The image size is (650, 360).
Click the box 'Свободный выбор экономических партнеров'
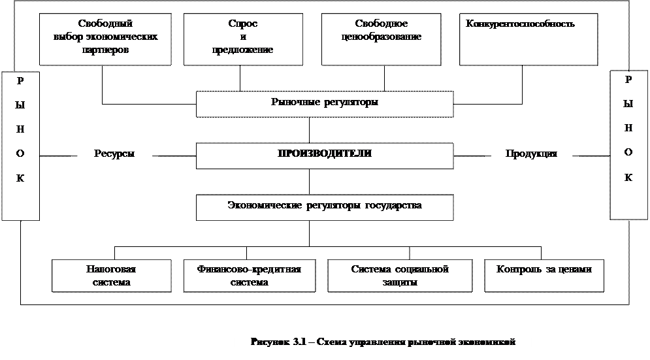pos(105,37)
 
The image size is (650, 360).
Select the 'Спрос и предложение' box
pos(243,37)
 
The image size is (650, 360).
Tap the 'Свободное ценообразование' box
pos(382,37)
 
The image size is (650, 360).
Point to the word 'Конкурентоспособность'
pos(520,24)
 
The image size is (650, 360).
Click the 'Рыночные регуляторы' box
pos(325,103)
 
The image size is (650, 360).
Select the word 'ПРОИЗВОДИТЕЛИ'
pos(325,154)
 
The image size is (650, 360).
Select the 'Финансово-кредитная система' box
pos(249,276)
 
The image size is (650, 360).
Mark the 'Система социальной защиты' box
pos(400,276)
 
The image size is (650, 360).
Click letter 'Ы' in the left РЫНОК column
pos(20,105)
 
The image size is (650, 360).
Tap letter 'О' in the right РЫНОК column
pos(628,152)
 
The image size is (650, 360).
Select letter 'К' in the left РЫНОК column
pos(20,178)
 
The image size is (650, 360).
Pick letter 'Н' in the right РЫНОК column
pos(628,128)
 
